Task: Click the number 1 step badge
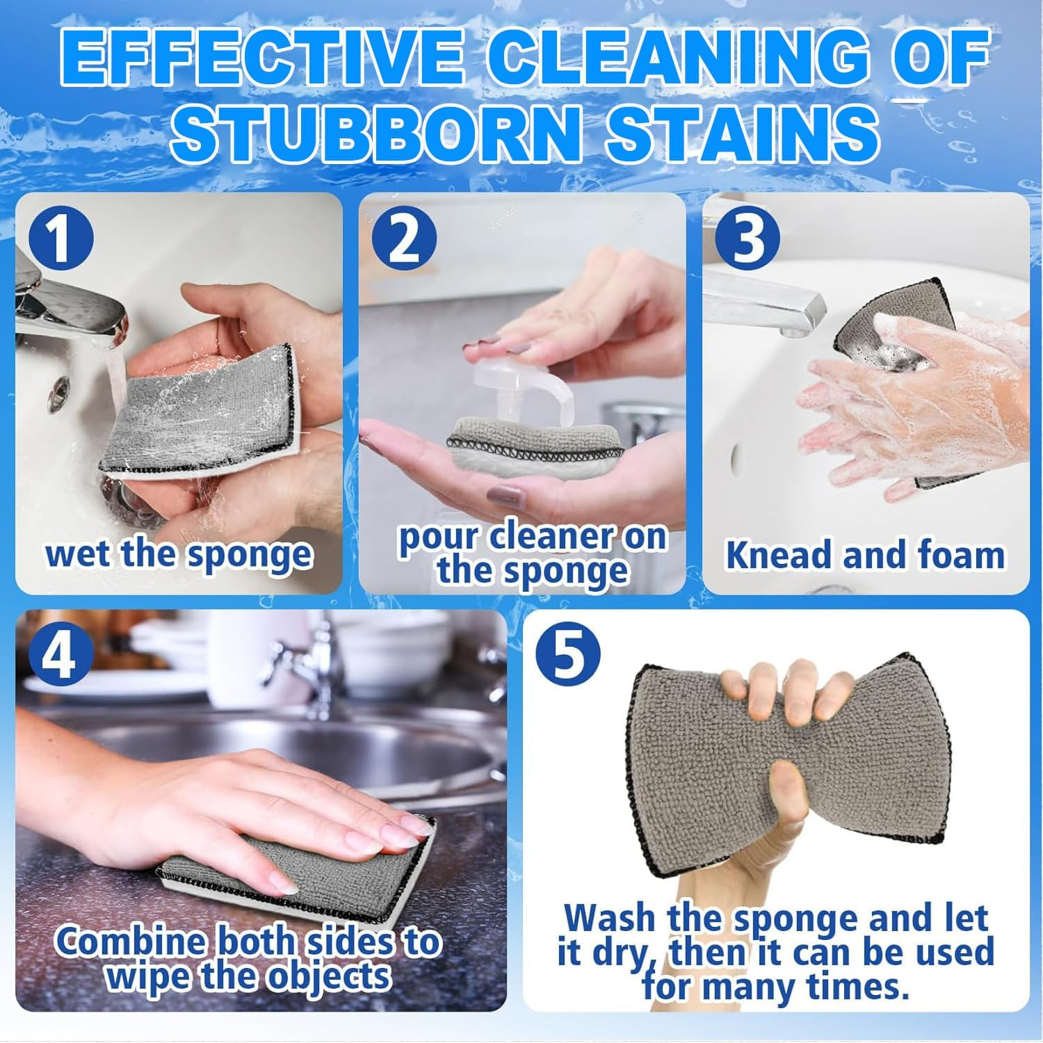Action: pyautogui.click(x=60, y=240)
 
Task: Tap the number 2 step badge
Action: pyautogui.click(x=403, y=240)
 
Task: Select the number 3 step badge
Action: pyautogui.click(x=747, y=236)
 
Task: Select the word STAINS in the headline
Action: pyautogui.click(x=741, y=132)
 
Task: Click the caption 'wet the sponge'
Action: pyautogui.click(x=179, y=554)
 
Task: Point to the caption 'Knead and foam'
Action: pyautogui.click(x=865, y=556)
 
